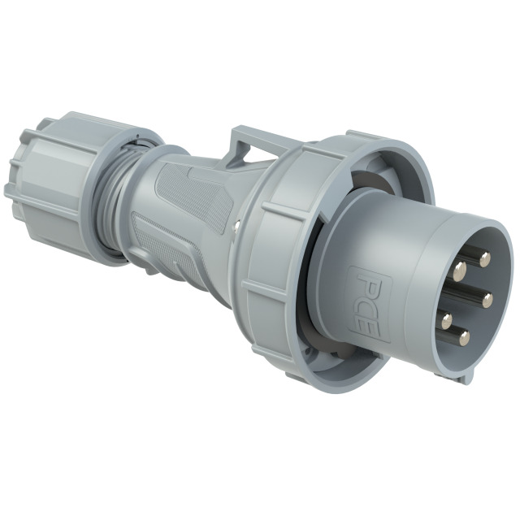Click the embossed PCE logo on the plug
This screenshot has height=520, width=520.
point(368,302)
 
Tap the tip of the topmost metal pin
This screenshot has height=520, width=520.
point(485,259)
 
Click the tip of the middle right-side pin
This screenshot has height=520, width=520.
point(487,301)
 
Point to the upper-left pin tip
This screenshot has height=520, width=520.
point(461,267)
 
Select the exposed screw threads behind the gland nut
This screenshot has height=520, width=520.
point(110,199)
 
